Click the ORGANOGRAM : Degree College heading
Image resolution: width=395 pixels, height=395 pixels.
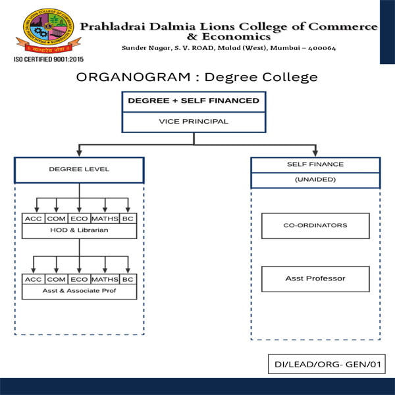click(197, 77)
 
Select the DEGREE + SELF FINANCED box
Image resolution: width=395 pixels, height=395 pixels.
click(193, 101)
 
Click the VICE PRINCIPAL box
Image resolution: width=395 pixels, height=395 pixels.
click(193, 121)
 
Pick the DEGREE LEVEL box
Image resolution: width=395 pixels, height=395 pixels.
click(79, 169)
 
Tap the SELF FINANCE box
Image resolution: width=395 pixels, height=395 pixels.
click(315, 163)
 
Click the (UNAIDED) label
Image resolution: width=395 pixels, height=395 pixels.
click(315, 180)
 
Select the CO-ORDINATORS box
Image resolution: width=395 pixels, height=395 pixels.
click(315, 225)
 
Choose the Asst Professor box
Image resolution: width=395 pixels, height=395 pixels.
click(315, 278)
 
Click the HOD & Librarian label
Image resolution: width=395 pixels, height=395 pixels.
click(79, 231)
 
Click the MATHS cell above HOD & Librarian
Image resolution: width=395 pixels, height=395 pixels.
click(105, 219)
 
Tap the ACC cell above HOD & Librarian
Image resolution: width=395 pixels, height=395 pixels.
click(32, 219)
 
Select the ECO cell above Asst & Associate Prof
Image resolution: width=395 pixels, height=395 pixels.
click(79, 279)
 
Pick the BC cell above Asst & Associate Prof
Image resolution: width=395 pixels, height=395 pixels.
click(128, 279)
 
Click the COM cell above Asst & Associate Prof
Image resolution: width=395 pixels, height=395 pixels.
click(56, 279)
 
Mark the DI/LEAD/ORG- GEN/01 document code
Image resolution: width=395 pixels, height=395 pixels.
click(327, 364)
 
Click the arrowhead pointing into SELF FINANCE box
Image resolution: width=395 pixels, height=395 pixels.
click(315, 154)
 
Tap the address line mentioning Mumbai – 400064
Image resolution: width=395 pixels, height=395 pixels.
click(228, 48)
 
